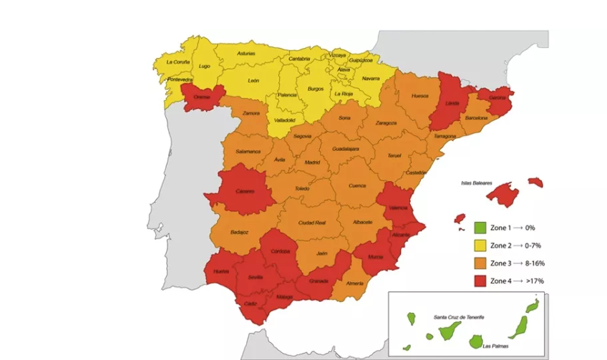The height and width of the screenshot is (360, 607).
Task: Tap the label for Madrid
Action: (312, 162)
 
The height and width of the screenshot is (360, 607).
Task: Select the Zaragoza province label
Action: (385, 123)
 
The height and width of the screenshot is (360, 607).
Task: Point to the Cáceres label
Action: (246, 191)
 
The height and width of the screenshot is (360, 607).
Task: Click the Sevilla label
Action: (256, 276)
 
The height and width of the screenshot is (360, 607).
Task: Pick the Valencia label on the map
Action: (399, 208)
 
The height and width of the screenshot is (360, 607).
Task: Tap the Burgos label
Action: (316, 89)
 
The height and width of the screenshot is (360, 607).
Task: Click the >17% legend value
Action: (535, 281)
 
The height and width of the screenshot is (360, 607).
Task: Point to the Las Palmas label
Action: (497, 346)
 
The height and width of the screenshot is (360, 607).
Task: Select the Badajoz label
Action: (240, 233)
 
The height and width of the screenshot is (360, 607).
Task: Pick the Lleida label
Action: (452, 104)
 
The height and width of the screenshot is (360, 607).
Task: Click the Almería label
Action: (354, 283)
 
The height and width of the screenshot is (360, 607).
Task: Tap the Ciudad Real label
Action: (312, 222)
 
